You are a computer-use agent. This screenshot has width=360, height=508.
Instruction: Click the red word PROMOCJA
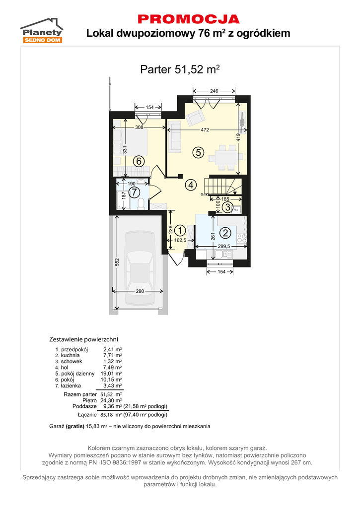pyautogui.click(x=189, y=19)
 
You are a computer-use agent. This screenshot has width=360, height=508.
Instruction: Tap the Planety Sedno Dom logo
pyautogui.click(x=42, y=30)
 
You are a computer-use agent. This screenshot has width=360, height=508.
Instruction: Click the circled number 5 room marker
pyautogui.click(x=198, y=152)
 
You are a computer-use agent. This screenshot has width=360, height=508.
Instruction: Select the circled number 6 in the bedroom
pyautogui.click(x=139, y=161)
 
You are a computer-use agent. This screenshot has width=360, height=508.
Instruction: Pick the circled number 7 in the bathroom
pyautogui.click(x=134, y=192)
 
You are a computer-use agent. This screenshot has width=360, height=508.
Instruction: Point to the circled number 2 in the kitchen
pyautogui.click(x=225, y=233)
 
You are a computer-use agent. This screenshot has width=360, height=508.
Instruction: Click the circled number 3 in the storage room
pyautogui.click(x=228, y=207)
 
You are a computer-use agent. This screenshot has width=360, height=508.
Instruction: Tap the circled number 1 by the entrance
pyautogui.click(x=180, y=230)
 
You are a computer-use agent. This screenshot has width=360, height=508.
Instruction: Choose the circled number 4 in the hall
pyautogui.click(x=191, y=185)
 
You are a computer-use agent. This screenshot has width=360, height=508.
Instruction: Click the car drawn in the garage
pyautogui.click(x=141, y=268)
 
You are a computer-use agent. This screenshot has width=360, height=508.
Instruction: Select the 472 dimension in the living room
pyautogui.click(x=205, y=130)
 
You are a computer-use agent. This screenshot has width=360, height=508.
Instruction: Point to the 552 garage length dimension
pyautogui.click(x=117, y=262)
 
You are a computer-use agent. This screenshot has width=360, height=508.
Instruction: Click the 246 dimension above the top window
pyautogui.click(x=214, y=91)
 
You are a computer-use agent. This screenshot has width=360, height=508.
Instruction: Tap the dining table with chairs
pyautogui.click(x=226, y=158)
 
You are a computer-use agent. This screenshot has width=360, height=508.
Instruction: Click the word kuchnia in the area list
pyautogui.click(x=70, y=355)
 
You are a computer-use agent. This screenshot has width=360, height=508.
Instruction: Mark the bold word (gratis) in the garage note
pyautogui.click(x=75, y=426)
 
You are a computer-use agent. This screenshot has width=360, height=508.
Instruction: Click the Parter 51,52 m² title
pyautogui.click(x=180, y=69)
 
